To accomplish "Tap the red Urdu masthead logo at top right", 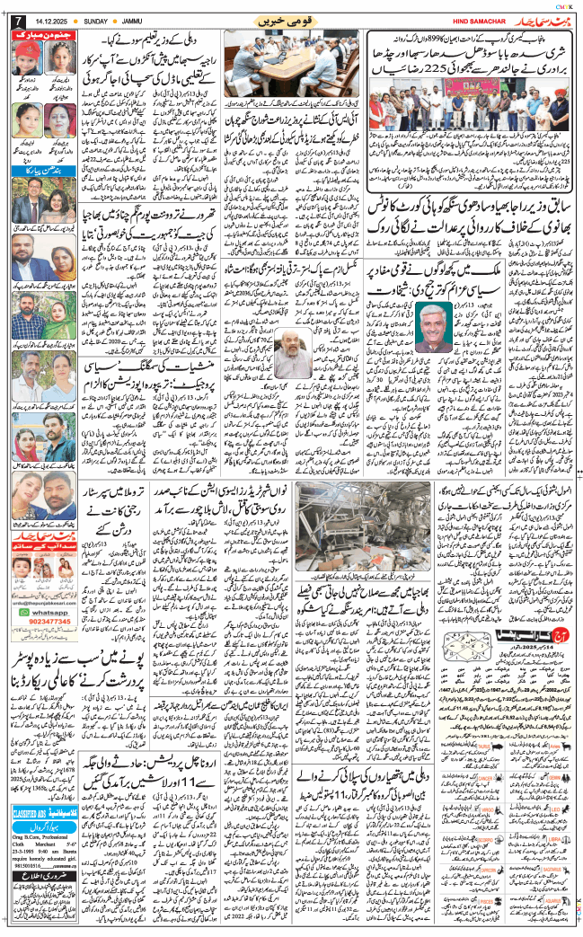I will coord(542,20).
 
